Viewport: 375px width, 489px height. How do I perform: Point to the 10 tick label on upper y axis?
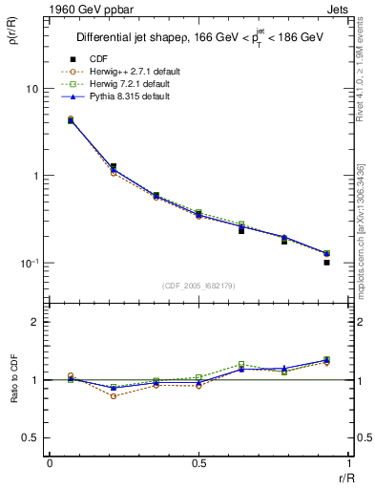click(x=31, y=89)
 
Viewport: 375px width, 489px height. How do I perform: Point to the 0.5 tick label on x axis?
click(x=198, y=463)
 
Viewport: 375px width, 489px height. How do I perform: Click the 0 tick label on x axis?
click(x=50, y=463)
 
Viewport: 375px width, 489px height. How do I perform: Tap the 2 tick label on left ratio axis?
click(x=34, y=322)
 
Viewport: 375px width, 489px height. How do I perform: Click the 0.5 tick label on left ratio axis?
click(x=31, y=437)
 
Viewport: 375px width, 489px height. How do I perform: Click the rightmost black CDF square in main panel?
click(x=326, y=262)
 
